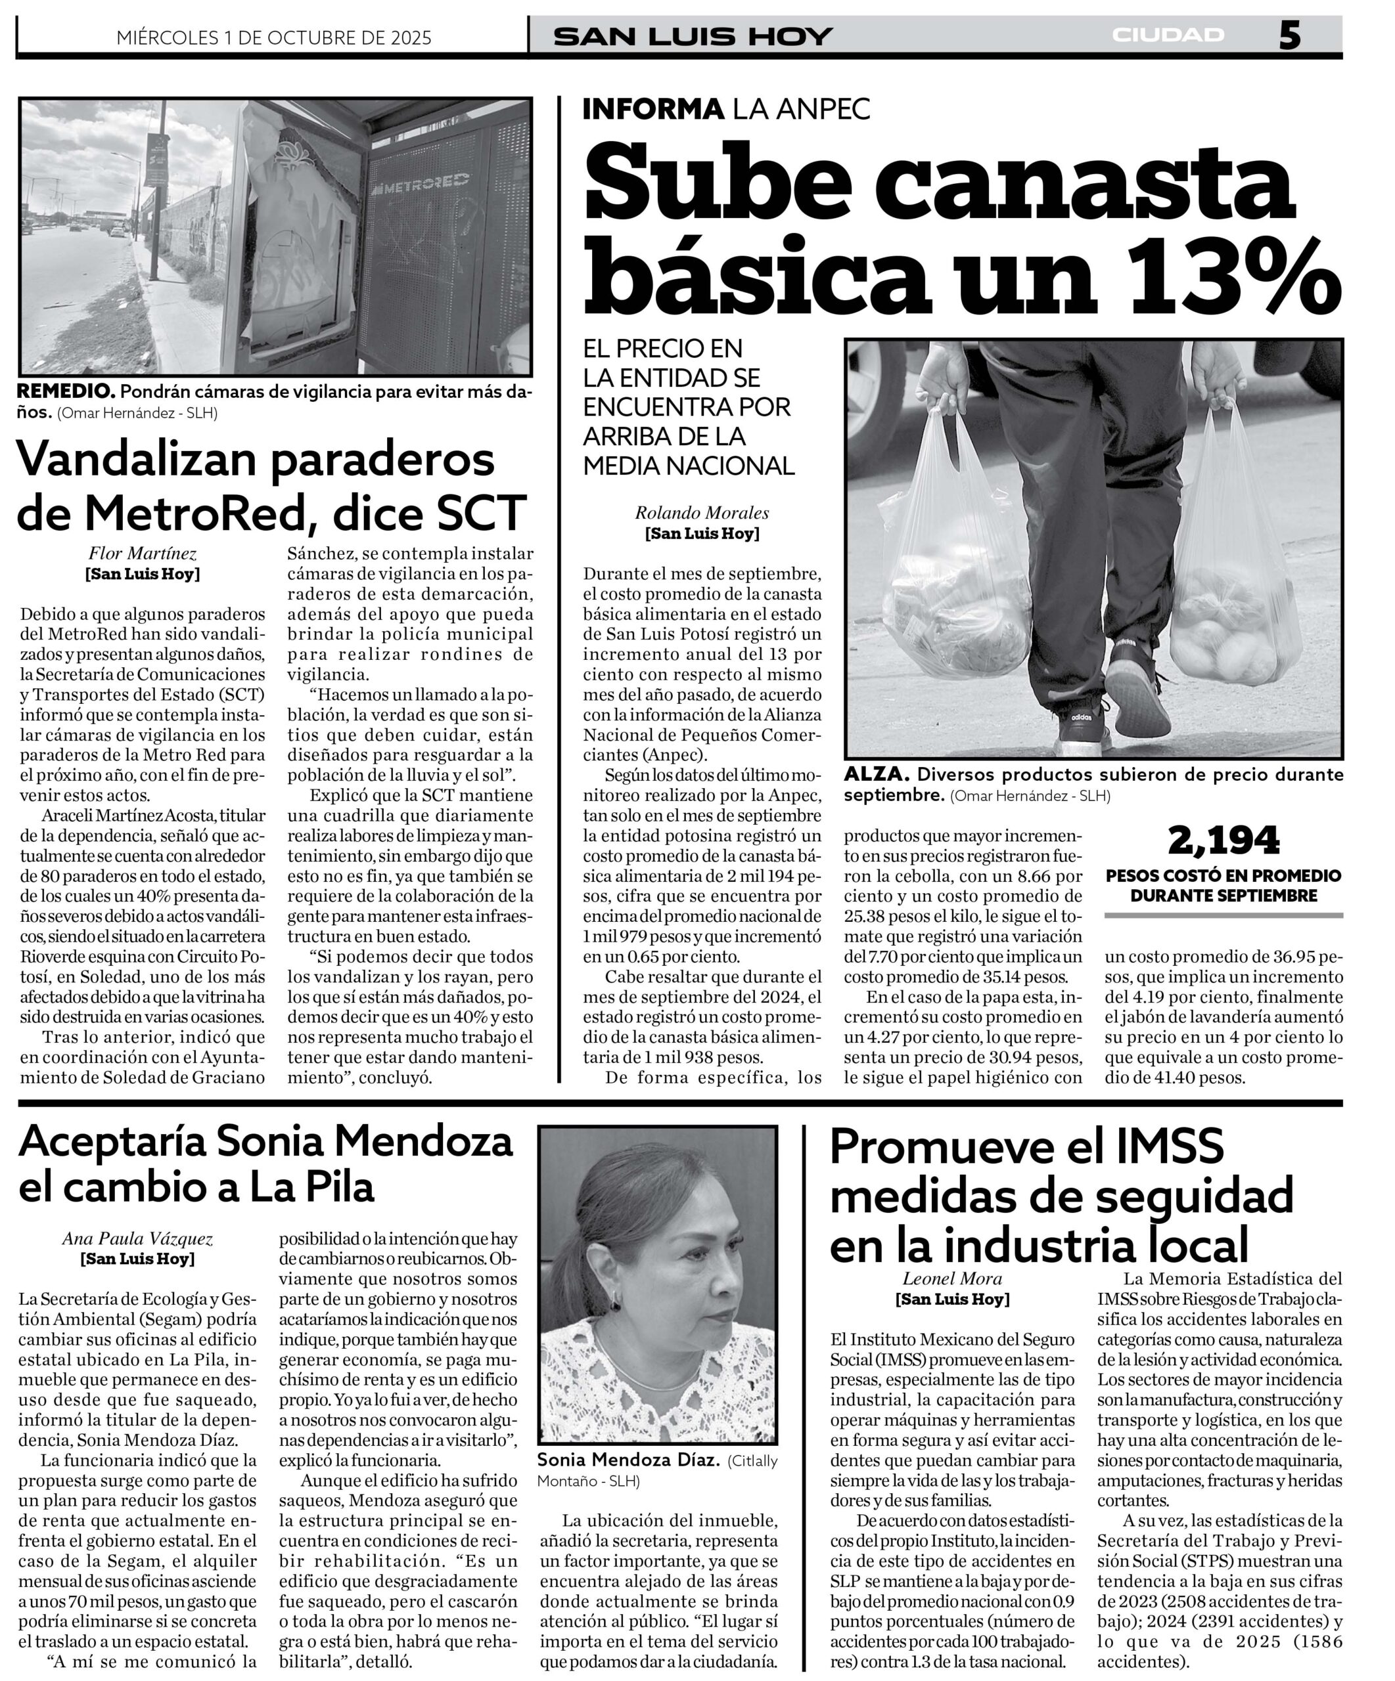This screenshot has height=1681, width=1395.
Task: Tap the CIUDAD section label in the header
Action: click(1168, 35)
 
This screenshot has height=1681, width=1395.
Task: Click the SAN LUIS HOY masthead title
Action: click(693, 37)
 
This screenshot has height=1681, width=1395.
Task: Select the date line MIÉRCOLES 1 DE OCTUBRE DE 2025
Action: click(274, 37)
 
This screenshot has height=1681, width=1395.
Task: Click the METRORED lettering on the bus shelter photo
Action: click(425, 185)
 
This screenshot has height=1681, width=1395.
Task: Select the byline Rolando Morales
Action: click(702, 512)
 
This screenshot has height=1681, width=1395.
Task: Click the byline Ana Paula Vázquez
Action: click(138, 1239)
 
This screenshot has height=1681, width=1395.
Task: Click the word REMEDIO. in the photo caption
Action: click(66, 392)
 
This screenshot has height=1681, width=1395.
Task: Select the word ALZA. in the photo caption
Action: click(876, 775)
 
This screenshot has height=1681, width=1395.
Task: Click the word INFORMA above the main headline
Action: click(652, 109)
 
